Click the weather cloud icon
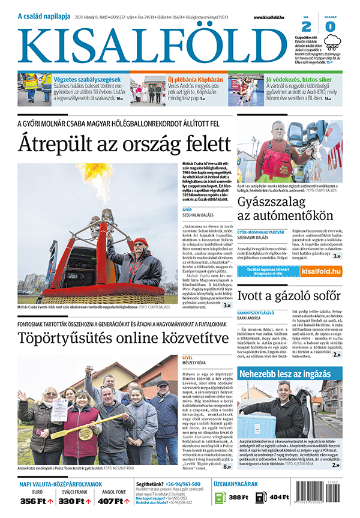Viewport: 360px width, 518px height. tap(332, 41)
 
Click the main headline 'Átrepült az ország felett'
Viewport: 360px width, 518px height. tap(124, 145)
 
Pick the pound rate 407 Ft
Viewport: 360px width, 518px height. tap(111, 501)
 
